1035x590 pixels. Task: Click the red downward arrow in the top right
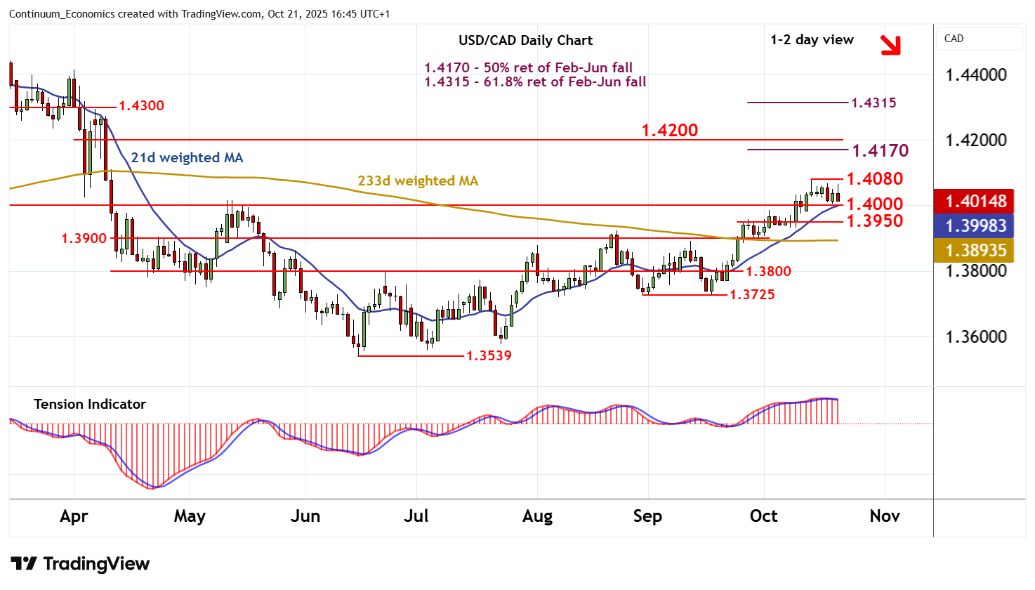tap(890, 44)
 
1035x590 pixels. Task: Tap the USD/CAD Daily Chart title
tap(525, 41)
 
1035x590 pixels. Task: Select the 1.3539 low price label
tap(489, 355)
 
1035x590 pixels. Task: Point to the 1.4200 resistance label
tap(670, 131)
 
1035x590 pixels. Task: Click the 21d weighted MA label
tap(187, 158)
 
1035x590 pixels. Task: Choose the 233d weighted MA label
tap(418, 181)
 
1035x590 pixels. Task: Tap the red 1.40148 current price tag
tap(975, 202)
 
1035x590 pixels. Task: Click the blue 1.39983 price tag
tap(975, 225)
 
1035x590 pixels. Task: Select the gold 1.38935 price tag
tap(975, 250)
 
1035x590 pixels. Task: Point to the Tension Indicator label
tap(90, 404)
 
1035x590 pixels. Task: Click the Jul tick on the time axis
tap(416, 516)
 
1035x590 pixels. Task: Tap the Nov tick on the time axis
tap(885, 516)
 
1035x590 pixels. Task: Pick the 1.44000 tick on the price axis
tap(976, 75)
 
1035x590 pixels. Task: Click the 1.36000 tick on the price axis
tap(976, 337)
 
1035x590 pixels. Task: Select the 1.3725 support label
tap(752, 294)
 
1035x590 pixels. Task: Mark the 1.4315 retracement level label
tap(874, 103)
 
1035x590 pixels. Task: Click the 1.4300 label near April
tap(141, 106)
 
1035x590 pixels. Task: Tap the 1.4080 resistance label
tap(875, 179)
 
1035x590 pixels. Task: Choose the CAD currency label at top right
tap(954, 39)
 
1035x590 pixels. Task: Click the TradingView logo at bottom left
tap(80, 564)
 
